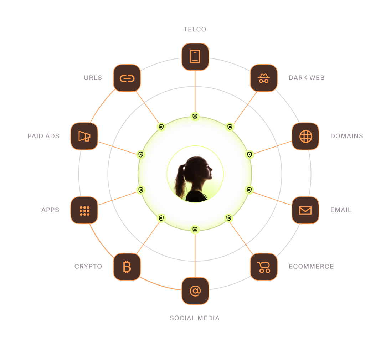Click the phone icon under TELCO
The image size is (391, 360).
point(195,57)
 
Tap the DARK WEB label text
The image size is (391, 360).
point(307,78)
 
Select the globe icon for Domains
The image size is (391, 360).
point(305,136)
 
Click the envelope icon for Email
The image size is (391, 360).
point(305,210)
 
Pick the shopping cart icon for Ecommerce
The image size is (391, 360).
point(264,267)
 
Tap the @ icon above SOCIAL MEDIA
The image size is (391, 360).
point(195,291)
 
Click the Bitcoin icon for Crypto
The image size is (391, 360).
point(127,267)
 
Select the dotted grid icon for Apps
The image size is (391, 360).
point(84,210)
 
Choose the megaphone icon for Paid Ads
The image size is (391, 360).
point(84,136)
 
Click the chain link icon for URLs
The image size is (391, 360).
point(127,78)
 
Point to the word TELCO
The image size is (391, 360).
point(195,29)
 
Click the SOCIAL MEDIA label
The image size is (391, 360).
point(195,318)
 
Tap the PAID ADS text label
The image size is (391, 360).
point(43,136)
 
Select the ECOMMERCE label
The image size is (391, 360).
point(311,266)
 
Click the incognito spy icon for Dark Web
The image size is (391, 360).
point(264,78)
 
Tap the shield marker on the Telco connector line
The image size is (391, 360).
point(195,116)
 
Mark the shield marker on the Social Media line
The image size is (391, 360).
point(195,230)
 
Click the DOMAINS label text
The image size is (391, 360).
point(346,136)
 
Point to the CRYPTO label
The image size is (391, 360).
point(88,266)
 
